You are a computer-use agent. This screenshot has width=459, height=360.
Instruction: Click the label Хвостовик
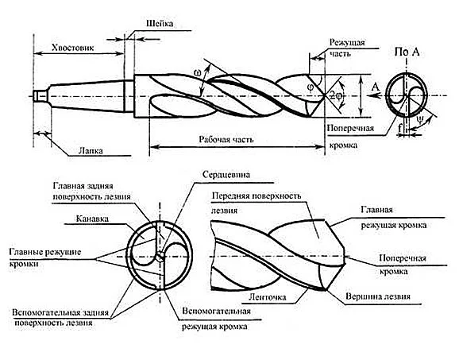click(72, 48)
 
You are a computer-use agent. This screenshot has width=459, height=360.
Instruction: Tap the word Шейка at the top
click(160, 24)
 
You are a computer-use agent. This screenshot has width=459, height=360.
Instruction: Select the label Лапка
click(91, 150)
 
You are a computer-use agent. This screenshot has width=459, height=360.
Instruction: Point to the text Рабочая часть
click(226, 139)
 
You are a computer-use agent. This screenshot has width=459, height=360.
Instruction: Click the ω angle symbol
click(197, 73)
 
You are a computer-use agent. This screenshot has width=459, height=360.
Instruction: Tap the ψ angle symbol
click(420, 119)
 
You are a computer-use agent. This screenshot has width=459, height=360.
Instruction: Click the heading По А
click(407, 52)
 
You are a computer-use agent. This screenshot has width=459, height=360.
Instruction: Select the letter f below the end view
click(400, 127)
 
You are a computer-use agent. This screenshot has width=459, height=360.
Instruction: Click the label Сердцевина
click(226, 175)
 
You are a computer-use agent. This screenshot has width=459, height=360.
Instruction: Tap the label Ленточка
click(267, 297)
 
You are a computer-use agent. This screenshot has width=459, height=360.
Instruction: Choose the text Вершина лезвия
click(378, 296)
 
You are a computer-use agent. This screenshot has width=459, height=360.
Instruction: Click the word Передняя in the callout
click(229, 195)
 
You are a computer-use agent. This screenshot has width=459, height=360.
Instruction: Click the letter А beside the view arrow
click(376, 87)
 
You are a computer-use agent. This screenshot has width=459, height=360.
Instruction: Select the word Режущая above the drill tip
click(347, 43)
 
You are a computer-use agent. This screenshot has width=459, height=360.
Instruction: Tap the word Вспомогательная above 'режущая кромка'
click(216, 311)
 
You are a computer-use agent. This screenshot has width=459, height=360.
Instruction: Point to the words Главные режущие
click(45, 252)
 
